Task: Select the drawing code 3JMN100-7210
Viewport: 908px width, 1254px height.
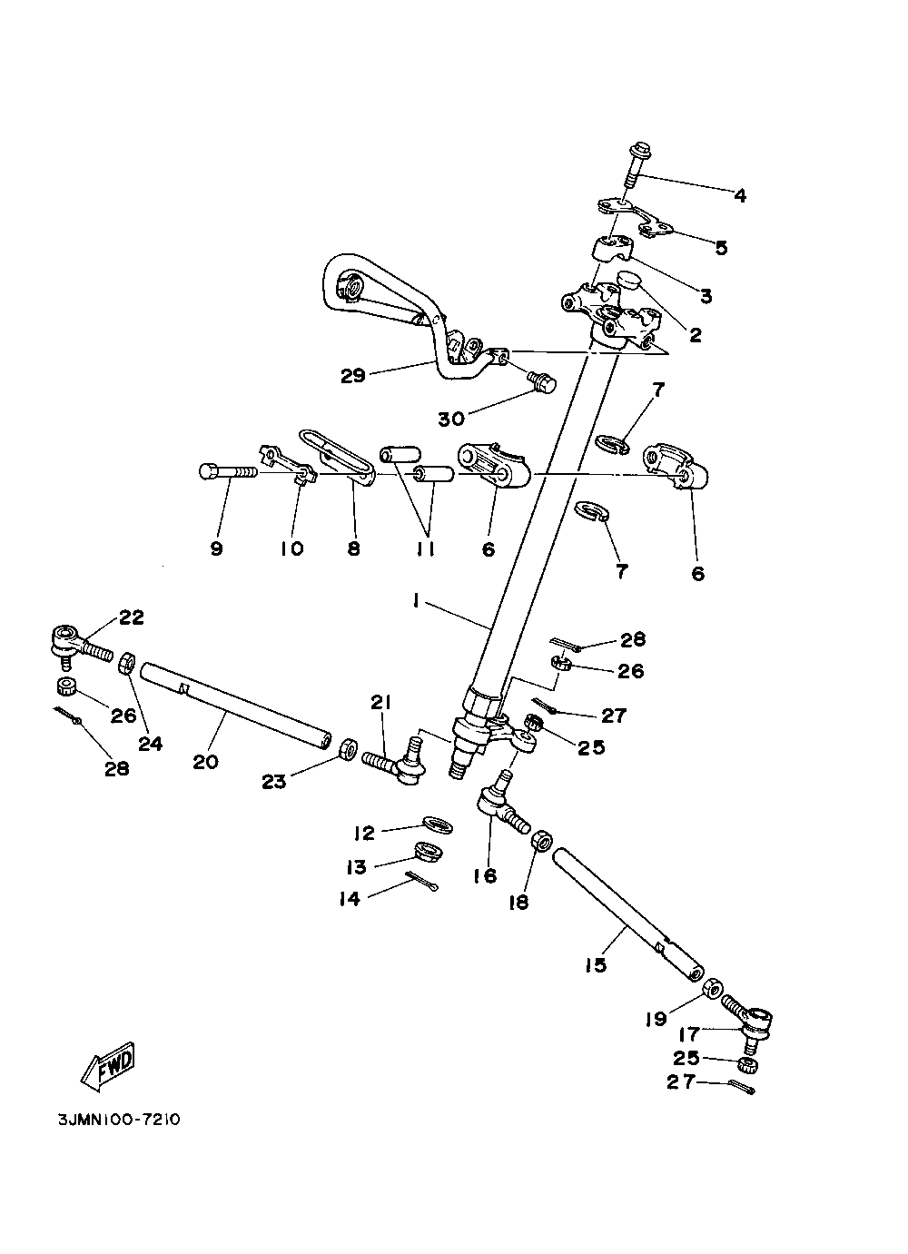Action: coord(117,1120)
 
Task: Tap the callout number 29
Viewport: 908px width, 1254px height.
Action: coord(352,375)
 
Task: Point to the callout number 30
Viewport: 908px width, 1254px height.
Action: coord(451,418)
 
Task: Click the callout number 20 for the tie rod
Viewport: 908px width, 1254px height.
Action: coord(206,761)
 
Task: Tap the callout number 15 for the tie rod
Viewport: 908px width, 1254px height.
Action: coord(595,964)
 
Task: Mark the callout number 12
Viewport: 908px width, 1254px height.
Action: coord(364,833)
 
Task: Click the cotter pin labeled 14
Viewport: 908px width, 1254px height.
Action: coord(423,881)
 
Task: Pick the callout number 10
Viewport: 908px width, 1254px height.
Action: coord(292,548)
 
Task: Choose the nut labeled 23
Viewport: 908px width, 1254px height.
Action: coord(347,750)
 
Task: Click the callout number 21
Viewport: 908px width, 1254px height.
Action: coord(380,701)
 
